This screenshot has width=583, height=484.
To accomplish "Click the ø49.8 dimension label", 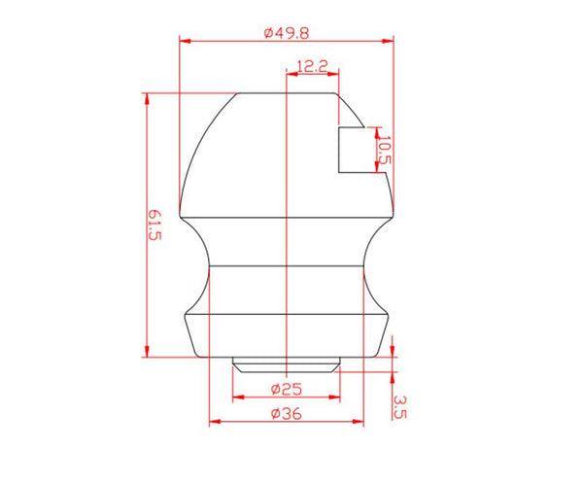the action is (x=287, y=33).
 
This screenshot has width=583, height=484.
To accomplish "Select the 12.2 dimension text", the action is (x=312, y=66).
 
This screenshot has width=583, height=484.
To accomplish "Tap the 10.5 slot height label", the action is (x=385, y=150).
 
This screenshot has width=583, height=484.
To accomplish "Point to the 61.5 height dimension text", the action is (x=154, y=225).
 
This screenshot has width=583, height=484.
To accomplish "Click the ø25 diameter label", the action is (x=287, y=390).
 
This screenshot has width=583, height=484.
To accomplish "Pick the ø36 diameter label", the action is (x=287, y=413).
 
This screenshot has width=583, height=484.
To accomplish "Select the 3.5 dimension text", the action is (x=399, y=407).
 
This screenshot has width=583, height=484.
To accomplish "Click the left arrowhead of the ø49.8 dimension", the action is (x=185, y=41).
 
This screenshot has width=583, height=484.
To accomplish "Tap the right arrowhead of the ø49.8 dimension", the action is (x=388, y=41).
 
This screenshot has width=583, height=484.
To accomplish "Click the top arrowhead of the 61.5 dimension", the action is (x=147, y=98).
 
